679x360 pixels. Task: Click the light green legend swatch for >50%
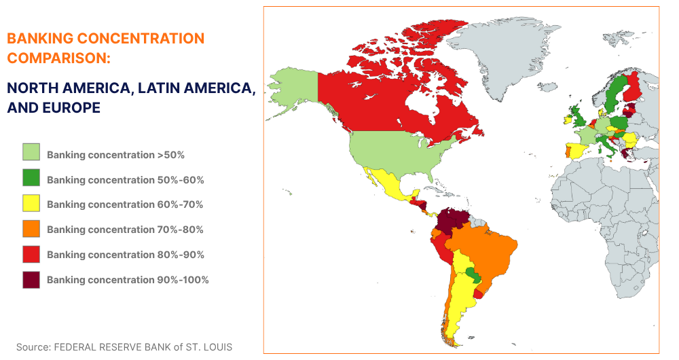coord(31,154)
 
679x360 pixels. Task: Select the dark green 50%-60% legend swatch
coord(31,179)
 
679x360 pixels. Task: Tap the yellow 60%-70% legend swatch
coord(31,204)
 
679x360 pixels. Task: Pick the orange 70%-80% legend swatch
coord(31,229)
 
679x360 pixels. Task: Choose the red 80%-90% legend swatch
coord(31,254)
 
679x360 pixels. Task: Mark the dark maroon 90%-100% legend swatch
coord(31,279)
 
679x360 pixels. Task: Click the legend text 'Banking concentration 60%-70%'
coord(125,204)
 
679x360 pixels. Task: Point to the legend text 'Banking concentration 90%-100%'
coord(128,280)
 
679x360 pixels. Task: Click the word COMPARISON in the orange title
coord(58,58)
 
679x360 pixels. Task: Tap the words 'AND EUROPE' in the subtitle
coord(54,107)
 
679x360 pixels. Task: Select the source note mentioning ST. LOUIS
coord(124,347)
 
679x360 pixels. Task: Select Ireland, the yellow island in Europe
coord(568,120)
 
